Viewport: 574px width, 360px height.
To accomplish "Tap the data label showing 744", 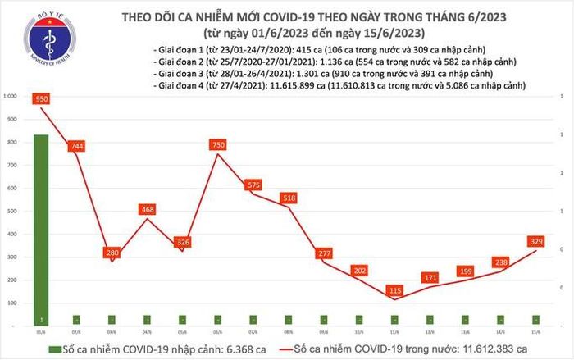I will click(77, 146).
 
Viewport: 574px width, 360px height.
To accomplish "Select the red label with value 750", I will click(218, 145).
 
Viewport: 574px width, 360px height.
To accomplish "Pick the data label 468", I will click(148, 210).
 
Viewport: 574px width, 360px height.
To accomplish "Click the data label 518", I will click(289, 198).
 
